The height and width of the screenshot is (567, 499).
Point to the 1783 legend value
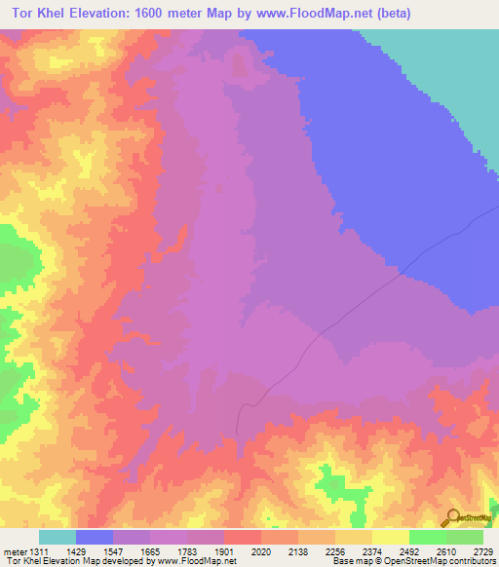click(205, 550)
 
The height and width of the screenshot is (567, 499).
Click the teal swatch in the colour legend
click(58, 537)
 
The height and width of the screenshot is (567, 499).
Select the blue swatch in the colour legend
click(95, 537)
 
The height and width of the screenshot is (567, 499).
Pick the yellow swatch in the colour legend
click(391, 537)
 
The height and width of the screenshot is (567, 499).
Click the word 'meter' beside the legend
click(14, 550)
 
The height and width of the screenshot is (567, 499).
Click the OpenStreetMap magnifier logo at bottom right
click(451, 516)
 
